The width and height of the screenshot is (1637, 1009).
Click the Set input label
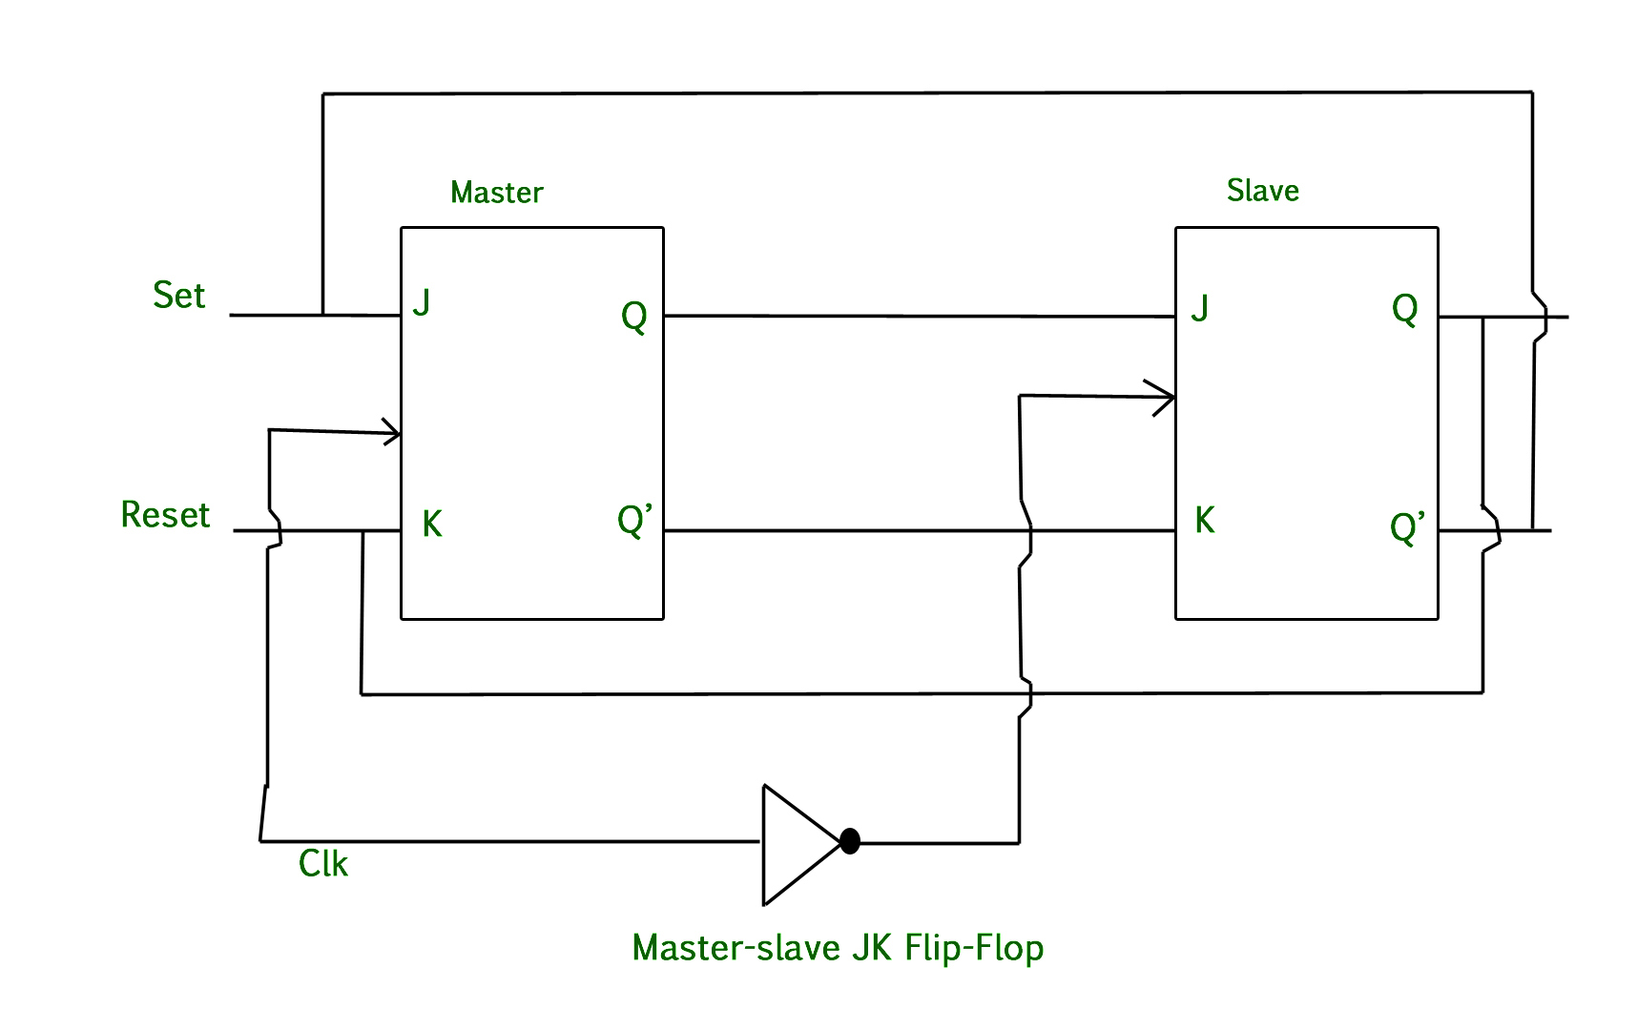pos(178,296)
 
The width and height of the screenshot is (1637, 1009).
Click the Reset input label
pos(164,515)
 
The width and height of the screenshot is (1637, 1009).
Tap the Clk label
pos(322,864)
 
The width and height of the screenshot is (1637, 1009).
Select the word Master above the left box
pos(496,193)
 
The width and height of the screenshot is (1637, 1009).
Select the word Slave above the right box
pos(1262,191)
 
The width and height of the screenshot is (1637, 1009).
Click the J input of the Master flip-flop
pos(422,303)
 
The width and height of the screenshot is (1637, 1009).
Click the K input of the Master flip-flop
pos(432,524)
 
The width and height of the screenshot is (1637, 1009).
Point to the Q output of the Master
pos(633,316)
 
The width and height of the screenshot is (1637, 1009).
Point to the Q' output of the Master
pos(634,522)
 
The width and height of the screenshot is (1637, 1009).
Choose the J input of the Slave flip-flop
pos(1200,308)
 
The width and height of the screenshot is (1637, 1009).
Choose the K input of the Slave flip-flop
pos(1205,521)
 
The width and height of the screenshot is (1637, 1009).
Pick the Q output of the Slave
pos(1404,309)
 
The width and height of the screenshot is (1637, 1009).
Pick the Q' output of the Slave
pos(1407,526)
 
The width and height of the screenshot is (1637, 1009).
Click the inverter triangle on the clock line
pos(797,844)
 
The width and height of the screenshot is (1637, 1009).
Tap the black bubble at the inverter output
pos(850,841)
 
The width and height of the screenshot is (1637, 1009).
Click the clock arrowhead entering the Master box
pos(391,432)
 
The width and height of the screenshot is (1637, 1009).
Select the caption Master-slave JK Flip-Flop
pos(838,948)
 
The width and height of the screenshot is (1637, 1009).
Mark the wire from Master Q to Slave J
pos(916,316)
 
